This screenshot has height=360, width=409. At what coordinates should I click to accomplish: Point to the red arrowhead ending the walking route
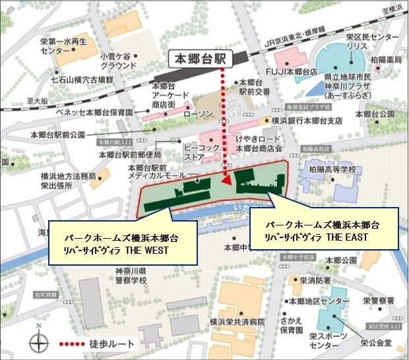pos(226,179)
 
